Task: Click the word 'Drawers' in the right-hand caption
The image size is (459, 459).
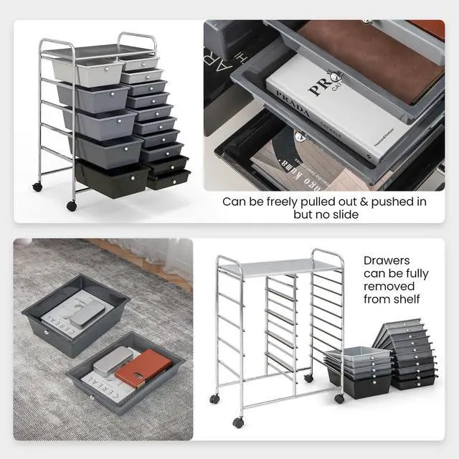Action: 387,260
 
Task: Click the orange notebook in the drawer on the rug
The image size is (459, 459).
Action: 143,368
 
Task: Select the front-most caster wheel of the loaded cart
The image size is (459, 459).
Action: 72,207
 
